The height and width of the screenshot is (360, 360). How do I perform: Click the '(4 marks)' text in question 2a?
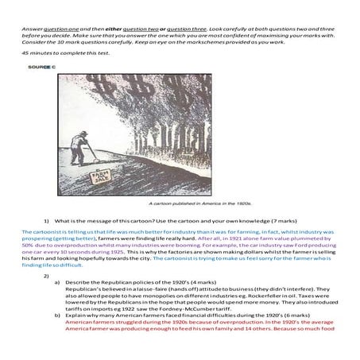184,282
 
